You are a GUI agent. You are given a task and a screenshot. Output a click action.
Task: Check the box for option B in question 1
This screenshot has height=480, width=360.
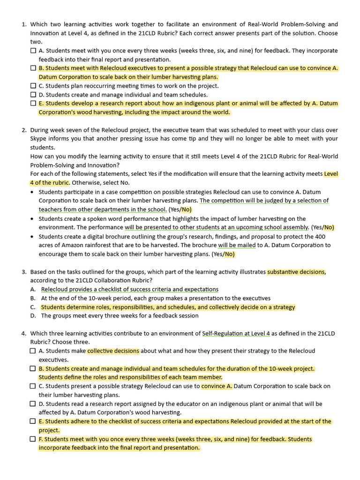point(33,68)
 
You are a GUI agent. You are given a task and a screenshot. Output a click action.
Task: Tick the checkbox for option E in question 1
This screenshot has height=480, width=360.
point(33,104)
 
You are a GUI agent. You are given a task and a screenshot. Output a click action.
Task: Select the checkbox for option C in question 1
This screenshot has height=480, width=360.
point(33,86)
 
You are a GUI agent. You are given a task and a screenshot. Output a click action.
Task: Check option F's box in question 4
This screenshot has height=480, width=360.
point(33,439)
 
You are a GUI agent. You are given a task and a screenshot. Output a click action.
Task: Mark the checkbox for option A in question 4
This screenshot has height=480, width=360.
point(33,351)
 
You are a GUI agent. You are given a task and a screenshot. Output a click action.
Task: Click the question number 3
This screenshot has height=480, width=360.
point(24,272)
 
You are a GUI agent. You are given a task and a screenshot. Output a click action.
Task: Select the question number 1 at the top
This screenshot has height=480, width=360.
point(24,24)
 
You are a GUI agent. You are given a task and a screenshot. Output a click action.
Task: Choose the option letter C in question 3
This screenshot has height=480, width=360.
point(33,307)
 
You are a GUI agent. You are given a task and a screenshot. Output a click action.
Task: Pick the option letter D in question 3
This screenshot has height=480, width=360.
point(33,316)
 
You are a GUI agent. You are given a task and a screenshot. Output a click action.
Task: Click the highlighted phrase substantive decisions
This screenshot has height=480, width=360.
point(296,272)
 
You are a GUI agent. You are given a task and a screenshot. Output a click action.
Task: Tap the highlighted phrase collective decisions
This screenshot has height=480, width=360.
point(113,351)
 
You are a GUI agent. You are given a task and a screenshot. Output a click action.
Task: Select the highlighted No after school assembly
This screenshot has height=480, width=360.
point(329,227)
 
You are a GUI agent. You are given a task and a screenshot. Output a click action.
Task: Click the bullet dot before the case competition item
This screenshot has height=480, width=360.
point(32,192)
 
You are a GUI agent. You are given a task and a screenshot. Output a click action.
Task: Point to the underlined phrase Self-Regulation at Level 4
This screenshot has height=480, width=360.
point(236,334)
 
